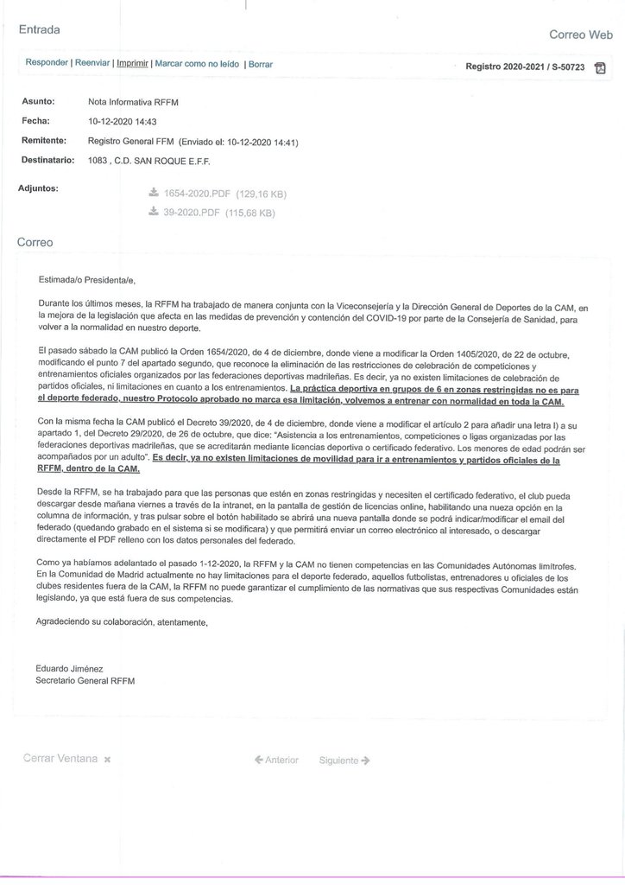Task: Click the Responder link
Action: (x=47, y=63)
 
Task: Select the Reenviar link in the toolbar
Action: (x=92, y=63)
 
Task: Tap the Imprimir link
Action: (x=132, y=63)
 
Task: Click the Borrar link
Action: (x=261, y=64)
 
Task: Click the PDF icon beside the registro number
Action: (x=601, y=67)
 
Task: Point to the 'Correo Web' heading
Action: (x=580, y=35)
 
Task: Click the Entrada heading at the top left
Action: (x=39, y=29)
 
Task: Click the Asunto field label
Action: (x=38, y=101)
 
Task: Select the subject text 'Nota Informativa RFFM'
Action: (x=133, y=102)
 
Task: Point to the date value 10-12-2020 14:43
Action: (x=122, y=121)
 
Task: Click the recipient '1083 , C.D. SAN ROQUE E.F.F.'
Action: (x=149, y=161)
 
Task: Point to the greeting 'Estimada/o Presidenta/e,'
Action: (x=87, y=279)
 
